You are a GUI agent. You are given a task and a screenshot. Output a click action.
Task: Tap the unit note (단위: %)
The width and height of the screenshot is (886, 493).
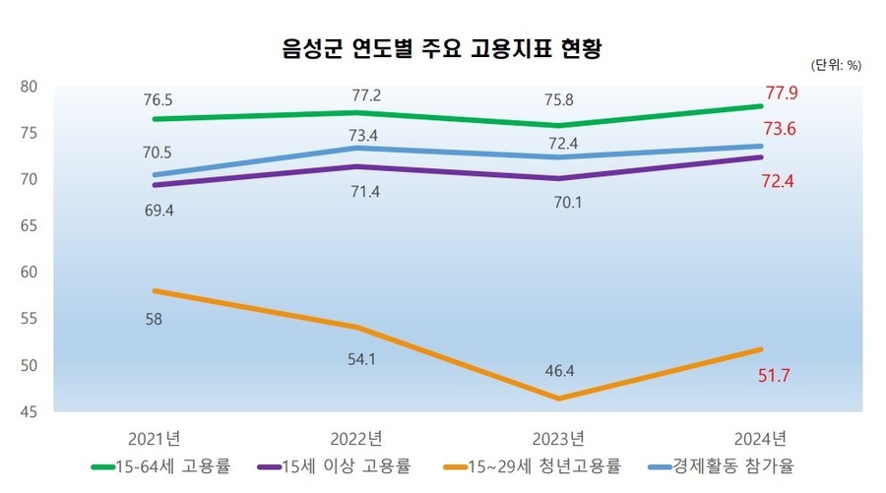coord(836,66)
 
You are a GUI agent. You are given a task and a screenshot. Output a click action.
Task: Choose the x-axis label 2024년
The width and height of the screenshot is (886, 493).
coord(760,437)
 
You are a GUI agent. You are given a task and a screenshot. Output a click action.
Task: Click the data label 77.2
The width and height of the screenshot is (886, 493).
coord(358,95)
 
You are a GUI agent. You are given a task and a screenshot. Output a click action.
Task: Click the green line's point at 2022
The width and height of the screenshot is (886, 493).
coord(358,113)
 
